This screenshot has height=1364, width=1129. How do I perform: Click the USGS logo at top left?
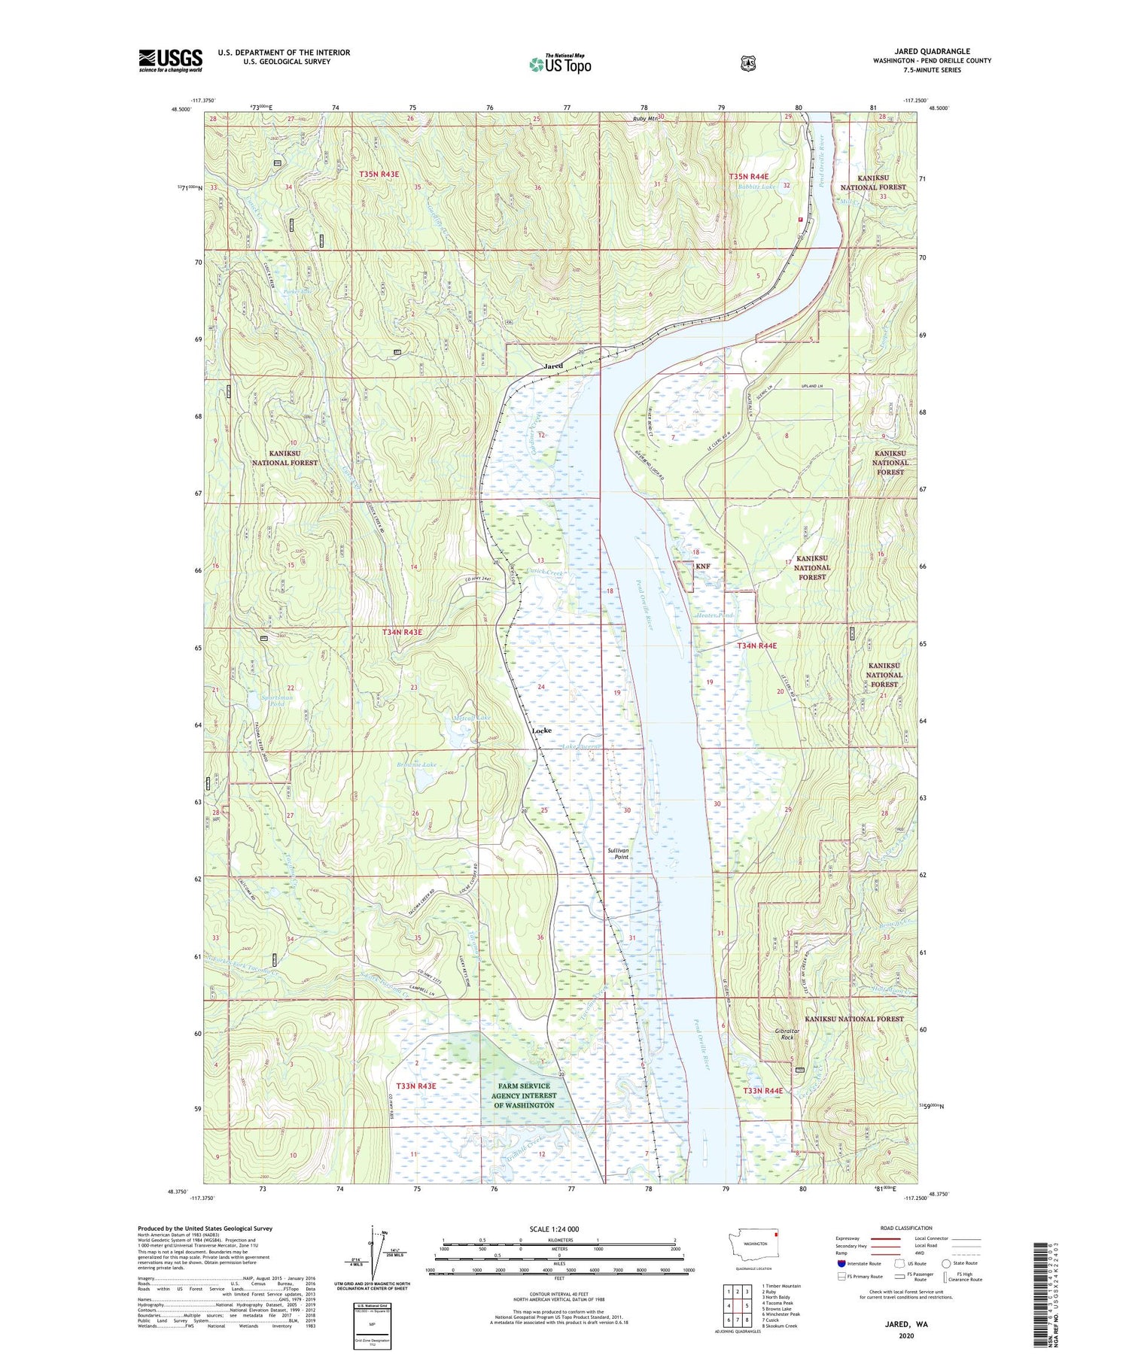170,60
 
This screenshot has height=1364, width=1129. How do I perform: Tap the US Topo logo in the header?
560,64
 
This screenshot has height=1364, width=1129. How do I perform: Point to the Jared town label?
553,366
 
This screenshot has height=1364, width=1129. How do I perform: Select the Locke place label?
541,731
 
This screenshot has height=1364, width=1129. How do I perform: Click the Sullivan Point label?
618,853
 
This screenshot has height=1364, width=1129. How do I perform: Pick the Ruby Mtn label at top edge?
645,119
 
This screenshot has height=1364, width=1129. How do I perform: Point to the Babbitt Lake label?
756,187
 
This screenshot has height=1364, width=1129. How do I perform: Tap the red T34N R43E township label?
400,633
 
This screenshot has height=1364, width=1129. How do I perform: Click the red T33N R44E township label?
762,1091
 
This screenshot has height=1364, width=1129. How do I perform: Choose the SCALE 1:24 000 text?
554,1229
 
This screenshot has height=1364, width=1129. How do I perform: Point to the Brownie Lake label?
417,764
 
